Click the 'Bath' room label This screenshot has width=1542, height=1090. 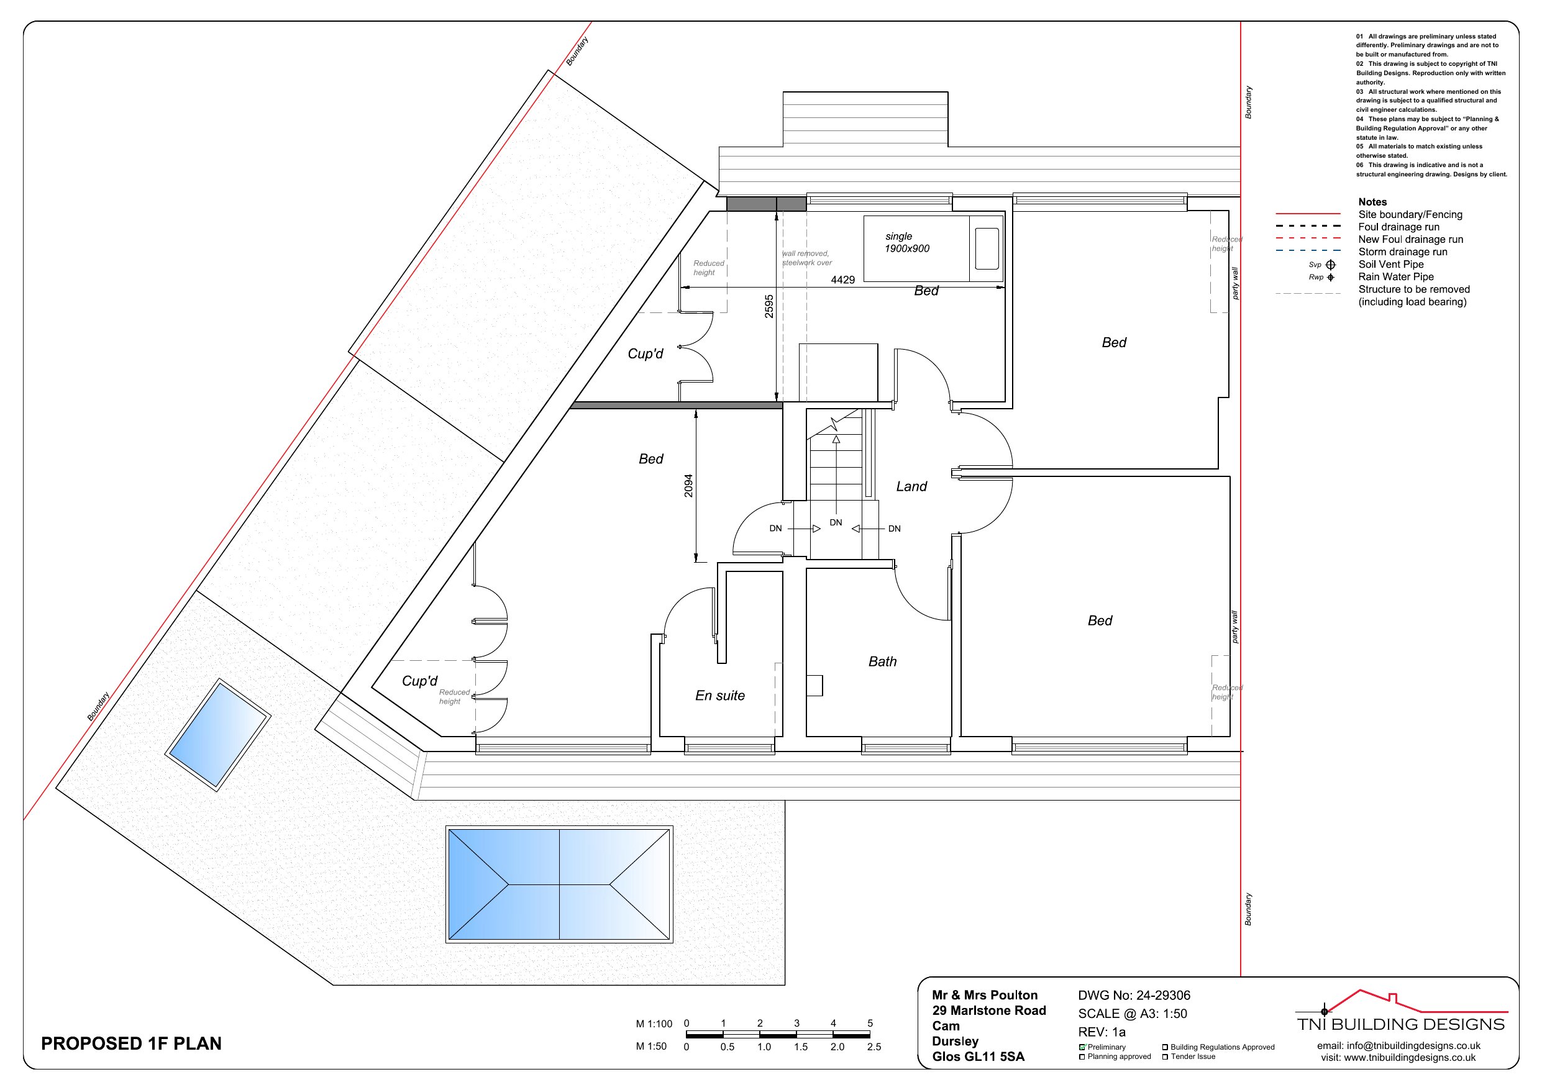point(882,661)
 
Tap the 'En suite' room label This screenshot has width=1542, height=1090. point(720,696)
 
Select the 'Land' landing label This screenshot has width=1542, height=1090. point(911,486)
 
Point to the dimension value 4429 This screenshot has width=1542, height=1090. point(843,279)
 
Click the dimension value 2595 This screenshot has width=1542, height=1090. point(769,306)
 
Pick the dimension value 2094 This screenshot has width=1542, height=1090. point(688,486)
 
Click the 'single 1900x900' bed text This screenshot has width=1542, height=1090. point(907,242)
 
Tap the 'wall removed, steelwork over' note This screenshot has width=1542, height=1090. point(806,258)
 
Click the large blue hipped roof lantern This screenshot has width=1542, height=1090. point(559,884)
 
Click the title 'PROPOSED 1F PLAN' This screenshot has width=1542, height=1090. point(131,1043)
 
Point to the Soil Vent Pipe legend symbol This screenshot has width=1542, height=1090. point(1330,265)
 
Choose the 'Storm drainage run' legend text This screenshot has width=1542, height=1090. point(1403,252)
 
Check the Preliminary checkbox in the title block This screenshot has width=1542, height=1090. point(1083,1047)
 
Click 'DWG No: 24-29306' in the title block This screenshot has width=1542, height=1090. point(1134,996)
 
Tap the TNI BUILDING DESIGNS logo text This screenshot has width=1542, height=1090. point(1401,1024)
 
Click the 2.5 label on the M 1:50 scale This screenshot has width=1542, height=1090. point(874,1047)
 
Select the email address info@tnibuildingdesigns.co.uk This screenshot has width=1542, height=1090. point(1399,1046)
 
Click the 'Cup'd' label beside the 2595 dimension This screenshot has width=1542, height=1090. point(646,353)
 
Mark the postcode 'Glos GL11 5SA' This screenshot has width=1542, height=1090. point(979,1056)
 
